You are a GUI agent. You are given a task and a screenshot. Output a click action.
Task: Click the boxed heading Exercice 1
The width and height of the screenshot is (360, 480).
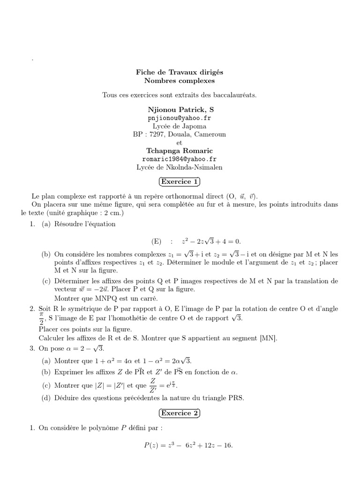coord(180,181)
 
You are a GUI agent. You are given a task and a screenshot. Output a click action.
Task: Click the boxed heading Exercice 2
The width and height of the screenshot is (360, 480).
coord(180,413)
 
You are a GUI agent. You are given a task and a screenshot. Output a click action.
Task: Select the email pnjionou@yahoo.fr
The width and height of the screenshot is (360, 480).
coord(180,118)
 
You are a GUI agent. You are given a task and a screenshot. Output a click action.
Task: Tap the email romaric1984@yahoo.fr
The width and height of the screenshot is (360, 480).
coord(180,159)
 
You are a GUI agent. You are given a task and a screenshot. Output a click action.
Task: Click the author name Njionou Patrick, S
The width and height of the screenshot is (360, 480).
coord(180,109)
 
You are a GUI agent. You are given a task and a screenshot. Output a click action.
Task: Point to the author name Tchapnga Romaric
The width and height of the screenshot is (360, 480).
coord(180,150)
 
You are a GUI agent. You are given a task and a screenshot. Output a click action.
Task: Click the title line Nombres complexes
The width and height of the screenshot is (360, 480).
coord(180,81)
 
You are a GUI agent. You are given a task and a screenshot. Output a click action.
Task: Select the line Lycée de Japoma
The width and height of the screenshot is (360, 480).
coord(180,126)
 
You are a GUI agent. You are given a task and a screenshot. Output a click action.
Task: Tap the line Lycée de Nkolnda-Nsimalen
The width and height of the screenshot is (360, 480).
coord(180,167)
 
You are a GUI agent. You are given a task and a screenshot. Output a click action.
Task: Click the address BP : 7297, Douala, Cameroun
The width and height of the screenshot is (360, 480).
coord(180,134)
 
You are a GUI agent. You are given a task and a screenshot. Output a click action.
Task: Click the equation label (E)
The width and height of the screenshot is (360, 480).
coord(156,241)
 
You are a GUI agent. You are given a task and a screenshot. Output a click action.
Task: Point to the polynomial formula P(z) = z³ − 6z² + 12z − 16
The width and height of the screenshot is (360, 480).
coord(188,445)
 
